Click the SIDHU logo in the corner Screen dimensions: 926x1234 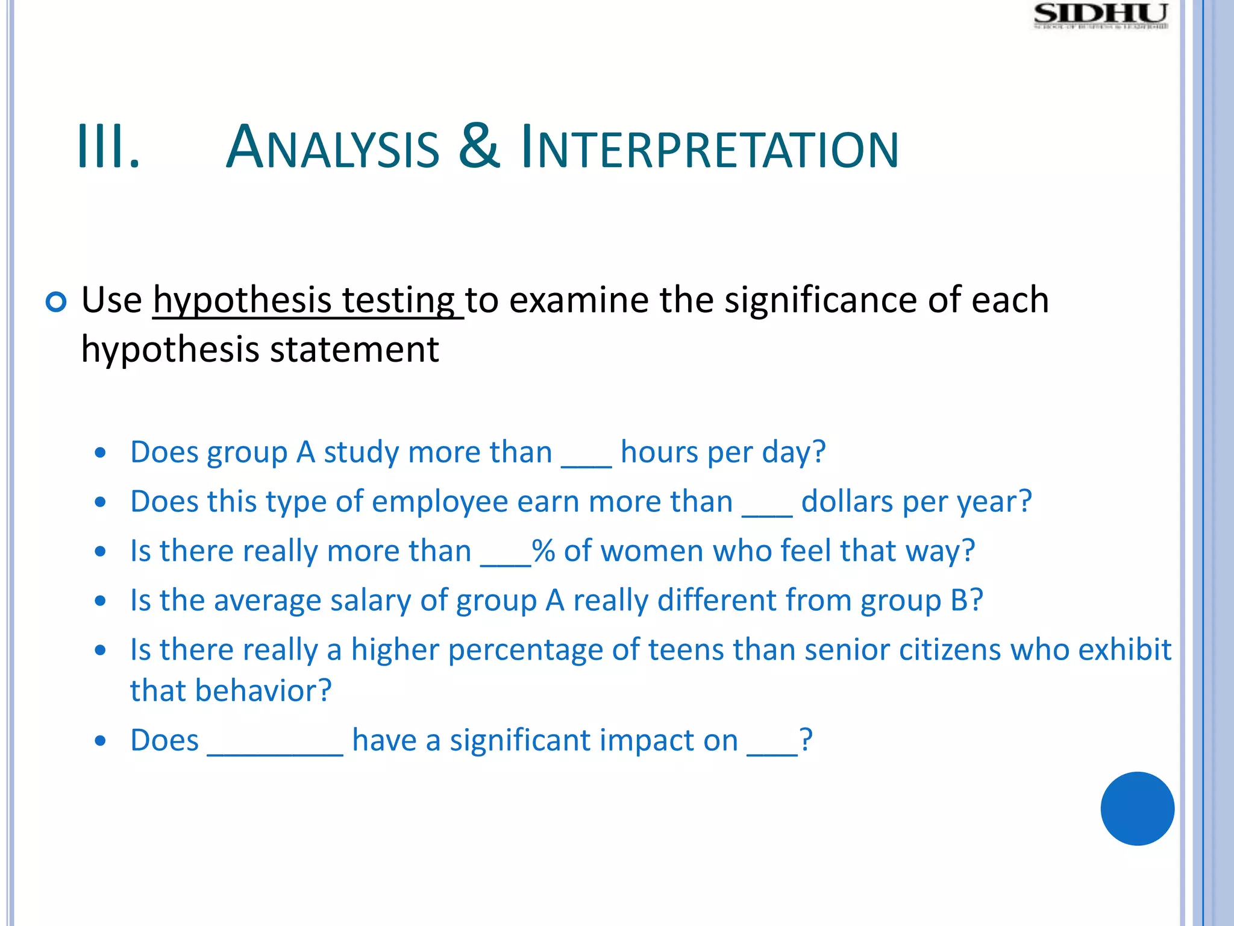pyautogui.click(x=1101, y=16)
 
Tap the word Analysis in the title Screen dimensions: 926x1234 pyautogui.click(x=333, y=148)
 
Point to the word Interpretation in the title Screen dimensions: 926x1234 pyautogui.click(x=709, y=148)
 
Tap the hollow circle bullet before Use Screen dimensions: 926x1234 pyautogui.click(x=56, y=301)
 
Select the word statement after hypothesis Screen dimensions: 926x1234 pyautogui.click(x=354, y=350)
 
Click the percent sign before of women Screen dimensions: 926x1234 pyautogui.click(x=543, y=550)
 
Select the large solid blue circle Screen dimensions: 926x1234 pyautogui.click(x=1137, y=808)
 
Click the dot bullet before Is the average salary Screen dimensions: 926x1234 pyautogui.click(x=101, y=600)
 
